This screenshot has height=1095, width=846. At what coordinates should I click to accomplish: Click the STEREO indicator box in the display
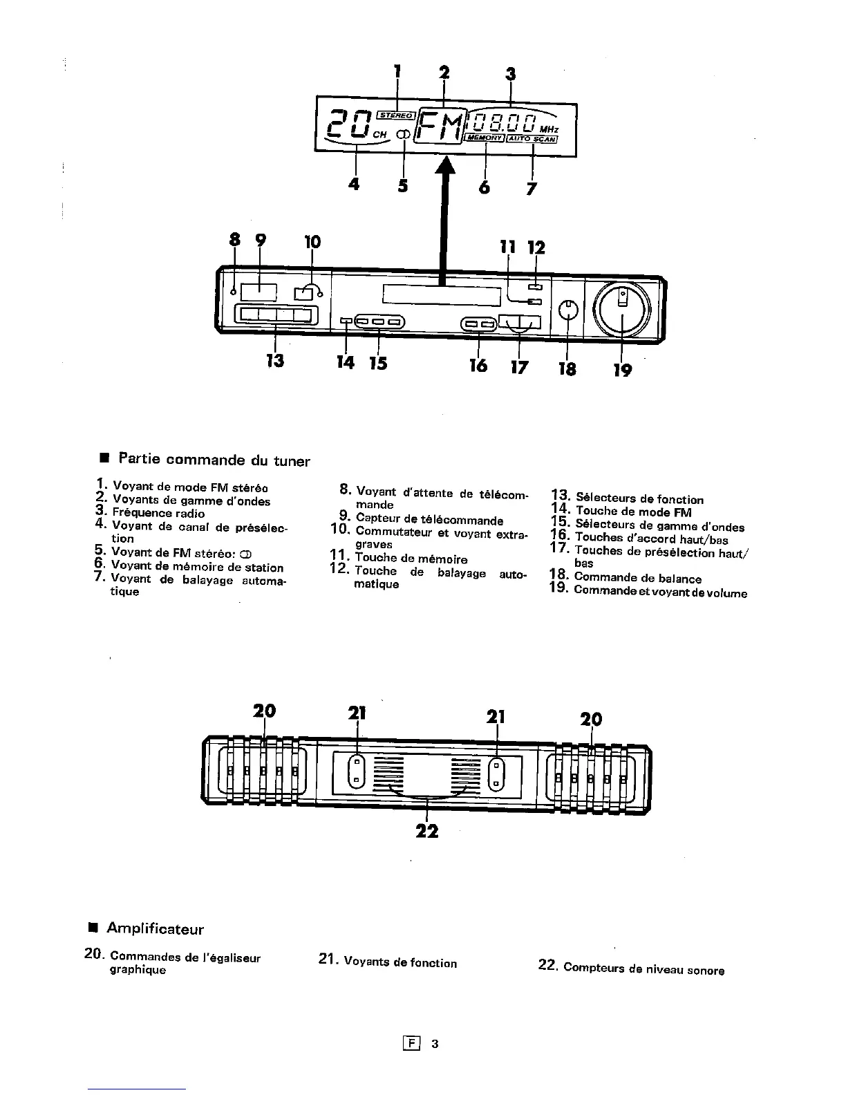(x=395, y=115)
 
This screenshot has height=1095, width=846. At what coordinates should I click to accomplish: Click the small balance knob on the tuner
(x=567, y=309)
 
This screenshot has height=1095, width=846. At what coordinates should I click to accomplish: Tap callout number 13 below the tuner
(x=275, y=360)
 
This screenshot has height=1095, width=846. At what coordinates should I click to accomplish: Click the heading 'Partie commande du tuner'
(x=214, y=460)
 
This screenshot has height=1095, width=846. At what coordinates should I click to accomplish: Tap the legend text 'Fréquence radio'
(x=158, y=513)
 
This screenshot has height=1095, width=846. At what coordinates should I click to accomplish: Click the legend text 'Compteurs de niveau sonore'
(x=643, y=969)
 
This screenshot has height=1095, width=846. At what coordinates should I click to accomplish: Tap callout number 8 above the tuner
(x=234, y=239)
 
